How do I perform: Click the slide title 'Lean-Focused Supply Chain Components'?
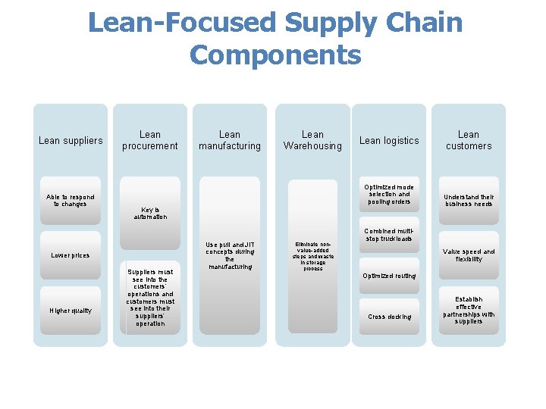click(275, 38)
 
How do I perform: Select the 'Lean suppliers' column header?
click(71, 140)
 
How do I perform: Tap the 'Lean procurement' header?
click(150, 140)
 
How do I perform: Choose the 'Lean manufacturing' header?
click(229, 140)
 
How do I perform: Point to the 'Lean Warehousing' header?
click(312, 140)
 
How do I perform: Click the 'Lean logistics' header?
click(389, 140)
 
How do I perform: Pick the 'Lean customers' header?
click(469, 140)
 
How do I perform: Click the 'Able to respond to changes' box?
click(71, 201)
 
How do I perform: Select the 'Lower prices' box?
click(71, 255)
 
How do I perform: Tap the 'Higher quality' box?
click(71, 311)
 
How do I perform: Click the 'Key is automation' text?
click(150, 214)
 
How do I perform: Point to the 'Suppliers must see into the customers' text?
click(150, 298)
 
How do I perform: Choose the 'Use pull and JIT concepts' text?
click(229, 255)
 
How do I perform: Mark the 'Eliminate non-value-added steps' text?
click(312, 257)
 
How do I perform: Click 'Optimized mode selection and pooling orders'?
click(389, 195)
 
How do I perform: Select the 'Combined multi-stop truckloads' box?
click(389, 236)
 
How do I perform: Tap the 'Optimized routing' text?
click(389, 276)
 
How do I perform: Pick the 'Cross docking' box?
click(389, 317)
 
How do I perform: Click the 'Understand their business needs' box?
click(469, 201)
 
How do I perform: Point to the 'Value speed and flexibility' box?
click(469, 255)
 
